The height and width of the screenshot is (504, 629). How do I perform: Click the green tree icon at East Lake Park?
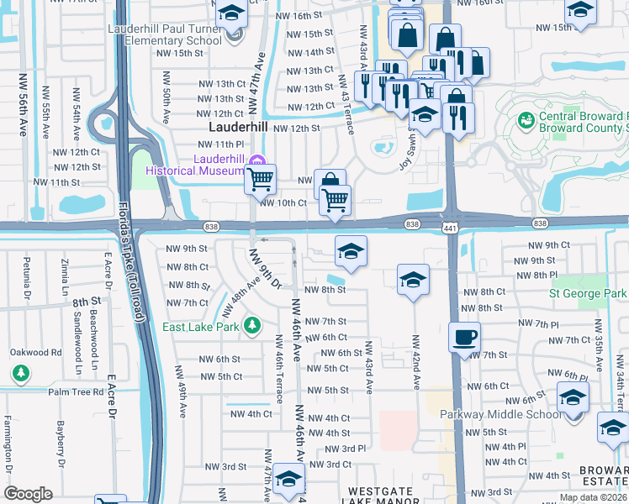click(251, 325)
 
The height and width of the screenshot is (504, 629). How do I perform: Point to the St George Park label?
click(587, 294)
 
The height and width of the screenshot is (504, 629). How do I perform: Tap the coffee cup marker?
click(465, 338)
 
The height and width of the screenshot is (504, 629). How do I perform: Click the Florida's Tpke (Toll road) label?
click(126, 260)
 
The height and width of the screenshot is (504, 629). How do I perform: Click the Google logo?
click(28, 494)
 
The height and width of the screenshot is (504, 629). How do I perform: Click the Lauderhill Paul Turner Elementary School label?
click(164, 34)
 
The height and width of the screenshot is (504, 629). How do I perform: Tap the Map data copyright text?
click(592, 497)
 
